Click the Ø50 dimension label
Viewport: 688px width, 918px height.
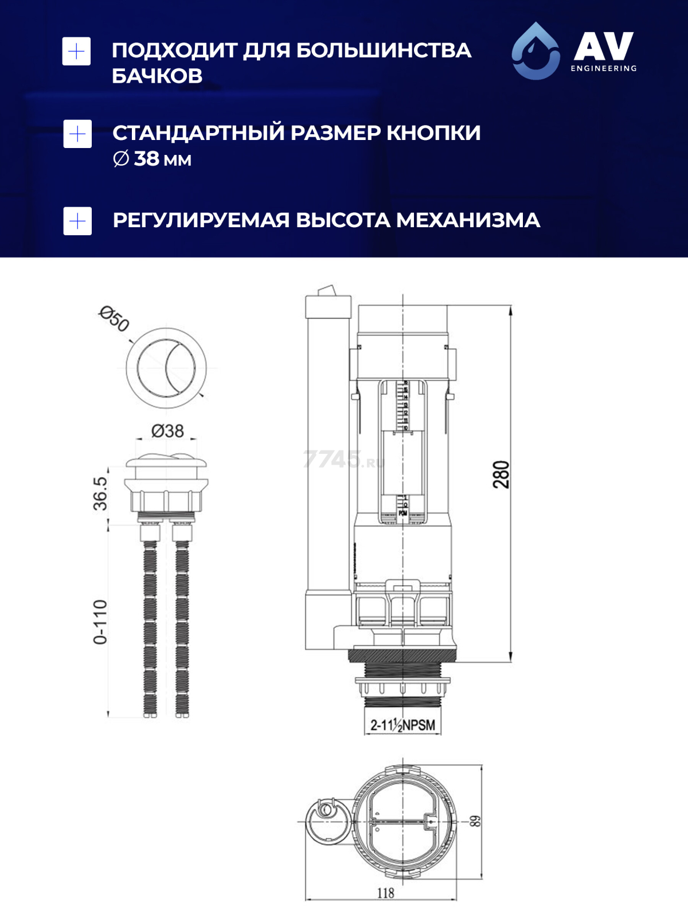point(114,319)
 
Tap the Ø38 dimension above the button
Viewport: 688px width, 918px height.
point(167,430)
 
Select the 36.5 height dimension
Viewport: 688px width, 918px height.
point(100,493)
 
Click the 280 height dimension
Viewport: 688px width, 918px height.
point(501,474)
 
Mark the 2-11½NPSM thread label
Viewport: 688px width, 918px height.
point(402,725)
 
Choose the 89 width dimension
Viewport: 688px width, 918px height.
point(475,821)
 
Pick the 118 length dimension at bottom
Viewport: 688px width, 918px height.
point(385,893)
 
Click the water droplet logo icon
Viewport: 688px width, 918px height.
point(535,50)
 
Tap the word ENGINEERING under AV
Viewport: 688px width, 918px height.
point(603,68)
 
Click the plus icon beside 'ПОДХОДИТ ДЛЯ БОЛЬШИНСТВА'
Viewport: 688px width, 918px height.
point(76,52)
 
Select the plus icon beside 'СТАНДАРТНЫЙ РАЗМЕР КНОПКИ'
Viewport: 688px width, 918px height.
point(77,134)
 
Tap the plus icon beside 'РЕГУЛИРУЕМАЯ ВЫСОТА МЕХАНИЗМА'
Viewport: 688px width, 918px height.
point(77,221)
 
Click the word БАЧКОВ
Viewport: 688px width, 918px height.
point(157,76)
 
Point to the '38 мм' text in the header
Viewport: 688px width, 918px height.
point(162,159)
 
